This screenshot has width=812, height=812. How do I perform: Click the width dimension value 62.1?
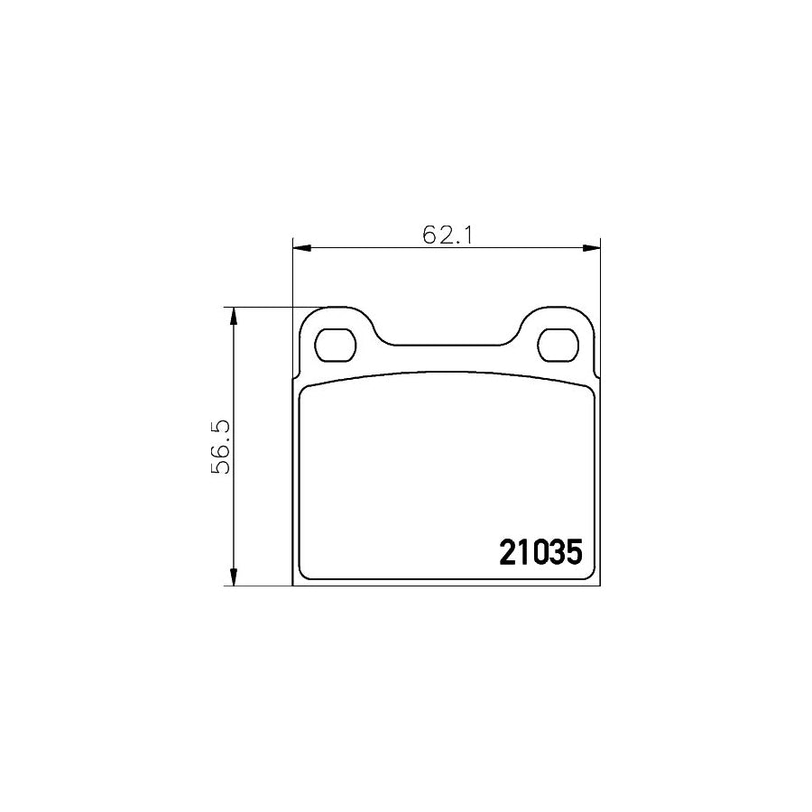pos(448,235)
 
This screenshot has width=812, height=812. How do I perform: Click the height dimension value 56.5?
pos(220,447)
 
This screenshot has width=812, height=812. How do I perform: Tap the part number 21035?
pos(540,552)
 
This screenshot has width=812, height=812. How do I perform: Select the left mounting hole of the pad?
pos(335,345)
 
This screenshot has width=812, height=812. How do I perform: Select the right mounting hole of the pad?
pos(558,345)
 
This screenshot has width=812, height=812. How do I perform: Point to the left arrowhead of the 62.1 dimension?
pos(301,248)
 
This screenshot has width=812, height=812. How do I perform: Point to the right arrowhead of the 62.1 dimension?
pos(591,248)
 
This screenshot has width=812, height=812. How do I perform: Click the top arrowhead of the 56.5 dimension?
pos(234,316)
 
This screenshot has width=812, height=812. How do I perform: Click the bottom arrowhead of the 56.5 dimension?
pos(234,577)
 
